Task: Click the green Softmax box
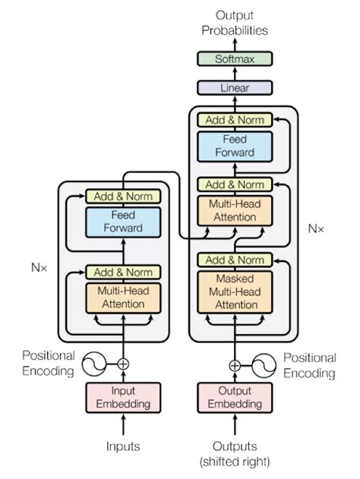tap(234, 58)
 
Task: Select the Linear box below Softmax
tap(234, 87)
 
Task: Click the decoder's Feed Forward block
tap(234, 146)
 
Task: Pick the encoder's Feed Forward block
tap(122, 222)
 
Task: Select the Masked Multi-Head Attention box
tap(234, 291)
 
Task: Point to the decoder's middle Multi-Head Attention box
tap(234, 210)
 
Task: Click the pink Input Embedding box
tap(122, 395)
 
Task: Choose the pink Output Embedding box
tap(234, 395)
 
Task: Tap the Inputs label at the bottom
tap(122, 446)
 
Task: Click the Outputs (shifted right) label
tap(234, 454)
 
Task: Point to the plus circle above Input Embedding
tap(122, 364)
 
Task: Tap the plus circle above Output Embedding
tap(235, 364)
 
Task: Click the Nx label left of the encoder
tap(38, 268)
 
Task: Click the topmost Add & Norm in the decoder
tap(234, 120)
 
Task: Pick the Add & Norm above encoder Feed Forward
tap(122, 196)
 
